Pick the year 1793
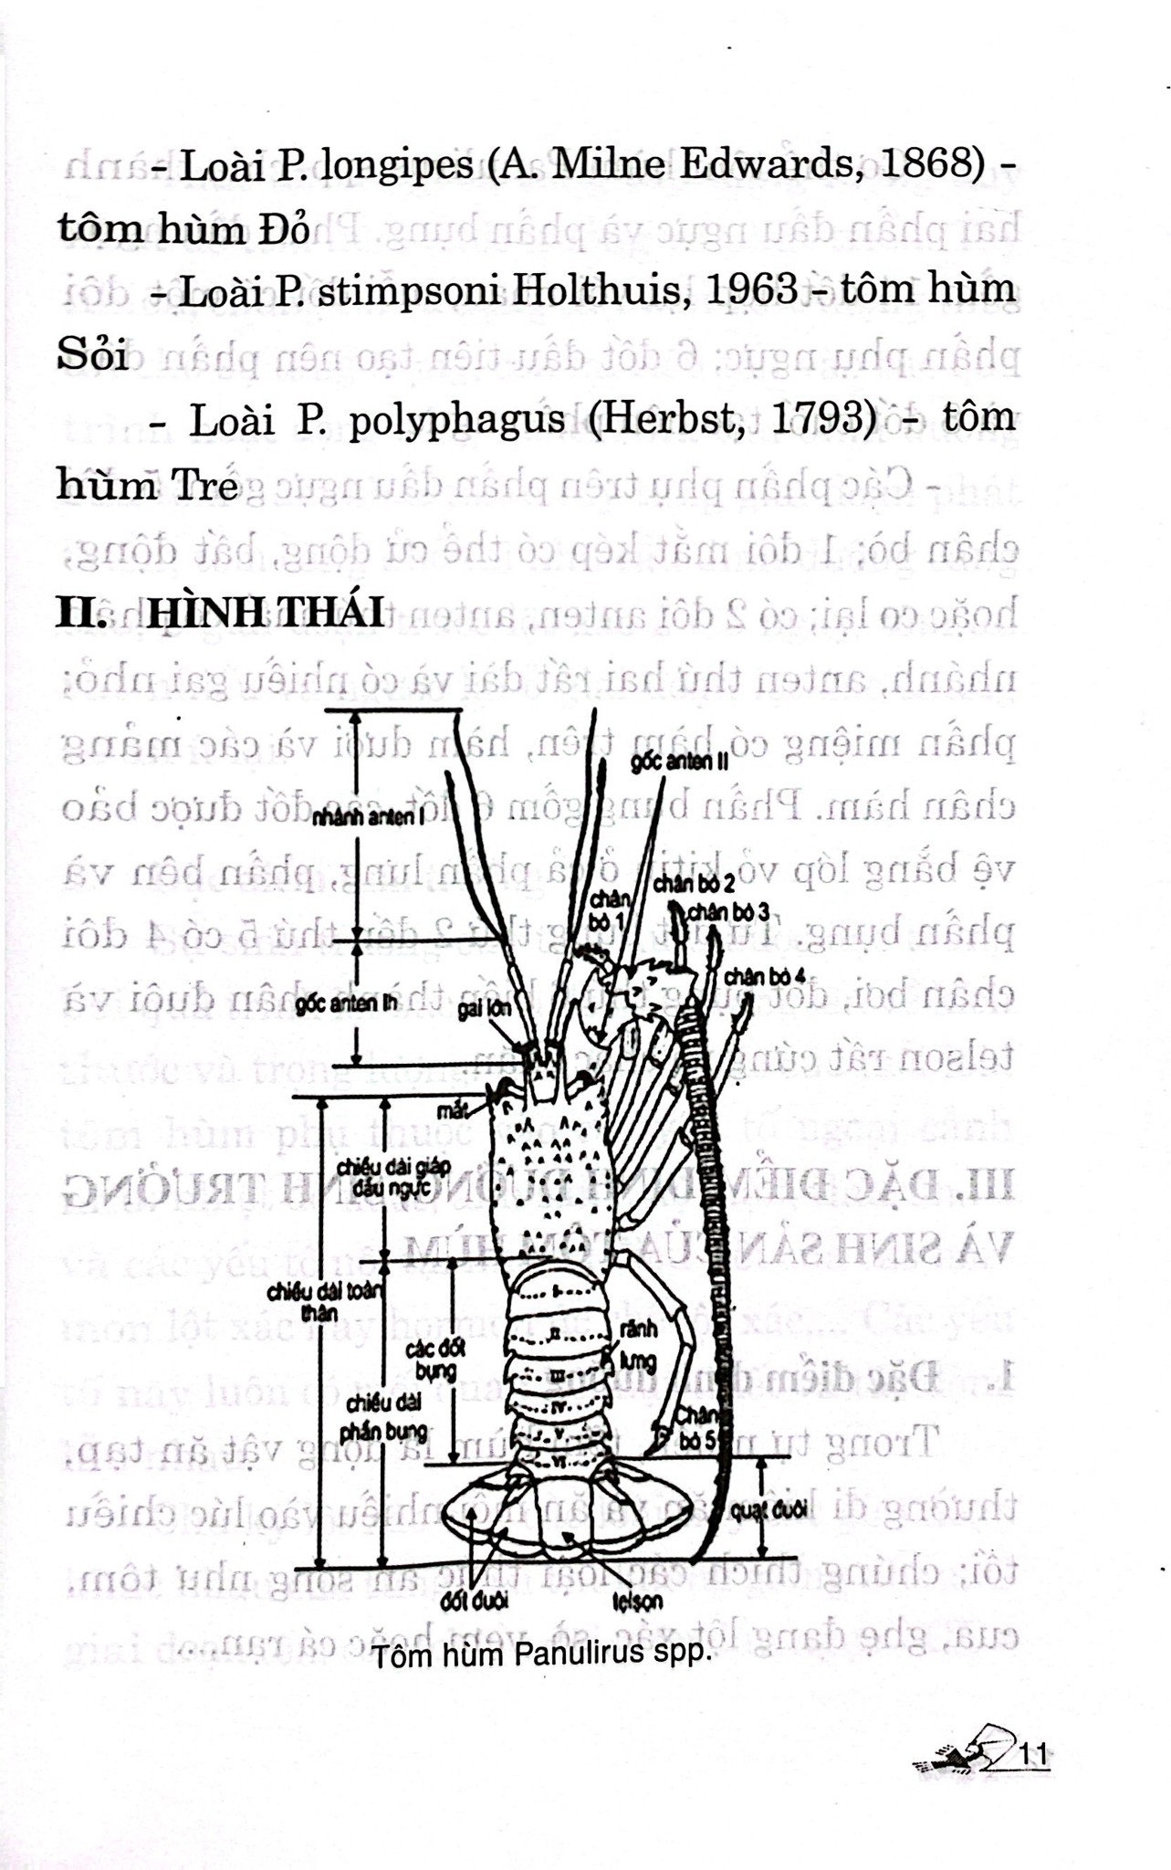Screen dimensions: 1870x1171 tap(820, 418)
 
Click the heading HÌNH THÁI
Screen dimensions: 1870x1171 tap(266, 611)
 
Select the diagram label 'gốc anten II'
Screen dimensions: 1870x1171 tap(679, 762)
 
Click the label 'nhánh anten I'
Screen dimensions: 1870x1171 tap(369, 817)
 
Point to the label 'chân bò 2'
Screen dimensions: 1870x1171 tap(694, 883)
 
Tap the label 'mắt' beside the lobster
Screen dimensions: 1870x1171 tap(452, 1110)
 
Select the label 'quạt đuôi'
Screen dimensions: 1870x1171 tap(768, 1510)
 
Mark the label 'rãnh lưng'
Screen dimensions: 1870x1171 tap(637, 1345)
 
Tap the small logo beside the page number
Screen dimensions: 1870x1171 tap(966, 1750)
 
